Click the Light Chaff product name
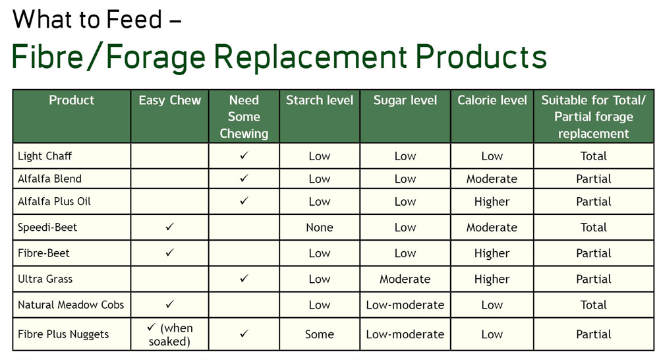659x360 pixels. tap(45, 156)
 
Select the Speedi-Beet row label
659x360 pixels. tap(47, 227)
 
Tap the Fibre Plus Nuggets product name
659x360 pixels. tap(63, 334)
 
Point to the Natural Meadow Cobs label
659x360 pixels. tap(71, 305)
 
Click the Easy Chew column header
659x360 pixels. tap(170, 100)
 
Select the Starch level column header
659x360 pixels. tap(320, 100)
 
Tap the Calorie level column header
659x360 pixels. tap(492, 100)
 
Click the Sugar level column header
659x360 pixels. tap(405, 100)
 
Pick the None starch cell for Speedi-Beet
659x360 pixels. tap(320, 227)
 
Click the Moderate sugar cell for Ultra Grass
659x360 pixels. tap(405, 279)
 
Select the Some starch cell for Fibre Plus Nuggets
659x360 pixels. tap(320, 334)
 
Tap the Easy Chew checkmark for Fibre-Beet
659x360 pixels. tap(169, 253)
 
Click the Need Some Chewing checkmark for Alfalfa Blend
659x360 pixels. tap(244, 178)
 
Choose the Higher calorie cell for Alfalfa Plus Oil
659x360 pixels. tap(492, 202)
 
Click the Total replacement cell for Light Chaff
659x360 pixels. tap(594, 156)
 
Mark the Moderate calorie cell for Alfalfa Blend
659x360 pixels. tap(492, 179)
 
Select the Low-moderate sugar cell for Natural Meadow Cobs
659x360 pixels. tap(405, 305)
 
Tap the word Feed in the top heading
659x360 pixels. tap(134, 19)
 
